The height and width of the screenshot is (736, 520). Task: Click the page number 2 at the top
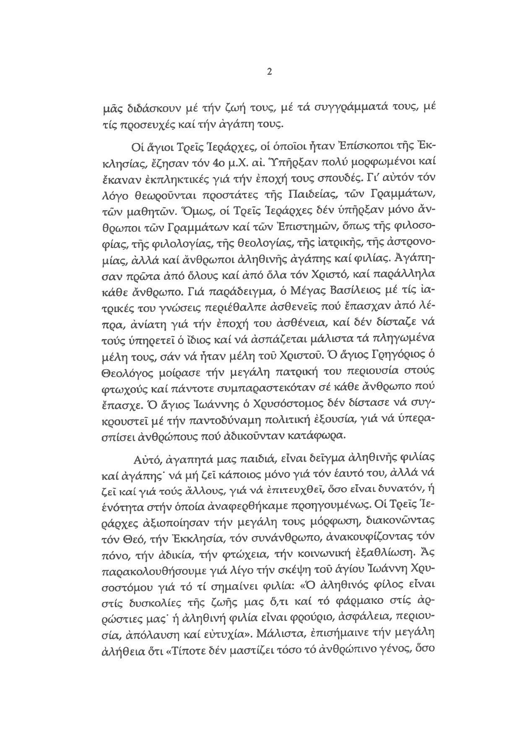point(269,72)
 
